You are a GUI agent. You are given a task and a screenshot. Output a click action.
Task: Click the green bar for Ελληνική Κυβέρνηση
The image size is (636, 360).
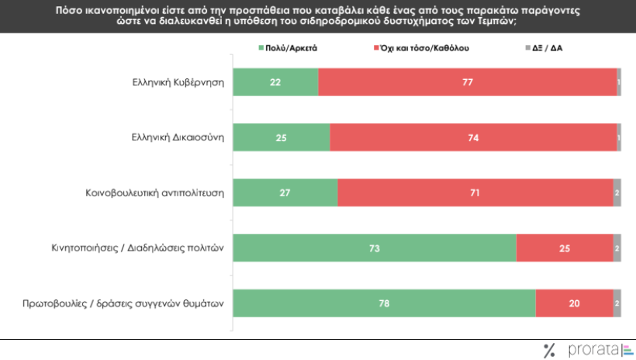coord(275,82)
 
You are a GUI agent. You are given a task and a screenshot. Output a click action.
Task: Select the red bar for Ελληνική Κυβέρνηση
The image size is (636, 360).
coord(467,82)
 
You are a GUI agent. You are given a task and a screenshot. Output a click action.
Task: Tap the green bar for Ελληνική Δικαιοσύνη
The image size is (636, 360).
coord(282,137)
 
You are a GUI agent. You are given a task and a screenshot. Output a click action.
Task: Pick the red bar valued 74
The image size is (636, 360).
coord(473,137)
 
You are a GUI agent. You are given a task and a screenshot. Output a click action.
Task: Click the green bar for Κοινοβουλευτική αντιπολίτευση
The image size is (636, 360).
coord(285,192)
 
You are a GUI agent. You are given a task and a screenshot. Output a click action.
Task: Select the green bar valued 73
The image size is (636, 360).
coord(375,247)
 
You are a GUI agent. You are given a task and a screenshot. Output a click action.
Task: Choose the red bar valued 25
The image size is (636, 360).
coord(565,247)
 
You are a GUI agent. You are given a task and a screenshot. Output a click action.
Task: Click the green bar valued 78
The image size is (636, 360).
coord(384,303)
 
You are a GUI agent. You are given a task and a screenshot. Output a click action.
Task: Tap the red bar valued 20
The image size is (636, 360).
coord(574,303)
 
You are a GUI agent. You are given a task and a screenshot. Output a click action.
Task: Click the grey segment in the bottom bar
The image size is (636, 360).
coord(617,303)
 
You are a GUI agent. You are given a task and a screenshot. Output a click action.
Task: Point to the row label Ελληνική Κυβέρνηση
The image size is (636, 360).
coord(178,82)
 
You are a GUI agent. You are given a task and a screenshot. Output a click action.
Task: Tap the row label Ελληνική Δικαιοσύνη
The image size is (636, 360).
coord(177,137)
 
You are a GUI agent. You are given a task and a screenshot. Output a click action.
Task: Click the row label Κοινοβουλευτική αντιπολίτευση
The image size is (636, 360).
coord(154,192)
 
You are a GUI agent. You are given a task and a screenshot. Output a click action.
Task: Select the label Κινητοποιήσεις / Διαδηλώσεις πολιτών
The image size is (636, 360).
coord(133,248)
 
